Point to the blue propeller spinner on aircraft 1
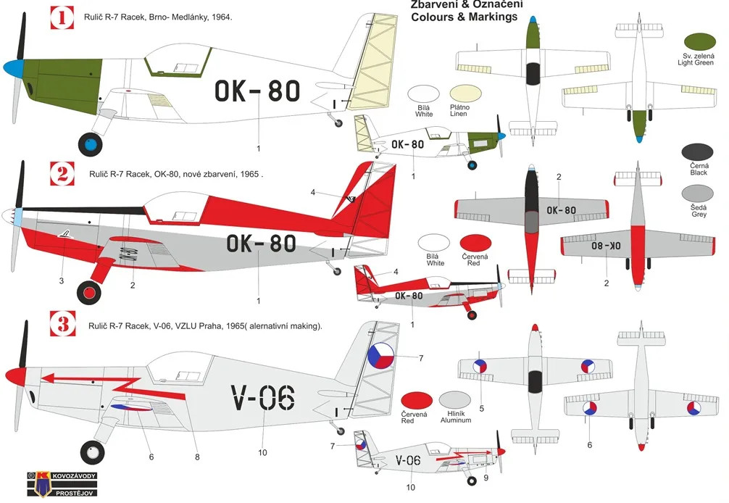(12, 70)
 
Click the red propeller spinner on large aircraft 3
(14, 375)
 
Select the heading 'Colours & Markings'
(464, 17)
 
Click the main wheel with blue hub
(91, 145)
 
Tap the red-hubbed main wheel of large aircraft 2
(91, 292)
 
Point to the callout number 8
(197, 457)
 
